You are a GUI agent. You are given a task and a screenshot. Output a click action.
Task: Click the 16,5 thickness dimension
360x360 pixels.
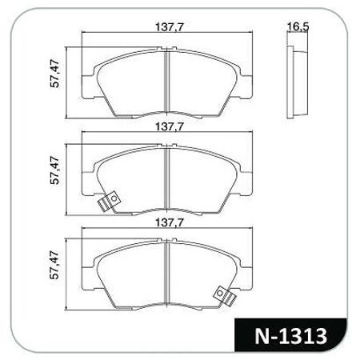[298, 27]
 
